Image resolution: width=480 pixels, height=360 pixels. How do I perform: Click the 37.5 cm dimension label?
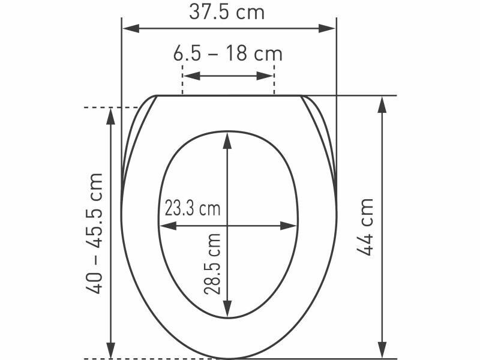227,12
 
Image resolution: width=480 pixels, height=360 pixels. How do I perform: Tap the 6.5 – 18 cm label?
228,53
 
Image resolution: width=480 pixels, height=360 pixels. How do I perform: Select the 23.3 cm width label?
193,208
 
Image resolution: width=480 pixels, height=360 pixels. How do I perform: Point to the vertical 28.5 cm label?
212,264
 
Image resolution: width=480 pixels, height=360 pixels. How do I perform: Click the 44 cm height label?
365,227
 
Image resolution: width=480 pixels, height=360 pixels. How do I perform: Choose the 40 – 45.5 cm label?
94,233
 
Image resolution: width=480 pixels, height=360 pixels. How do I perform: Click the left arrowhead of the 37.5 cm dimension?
131,28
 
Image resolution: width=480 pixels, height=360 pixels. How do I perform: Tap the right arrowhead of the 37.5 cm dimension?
327,28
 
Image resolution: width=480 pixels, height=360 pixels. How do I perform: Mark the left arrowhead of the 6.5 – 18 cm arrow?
191,76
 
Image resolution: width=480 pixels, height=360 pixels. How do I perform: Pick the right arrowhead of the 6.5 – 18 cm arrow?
265,76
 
